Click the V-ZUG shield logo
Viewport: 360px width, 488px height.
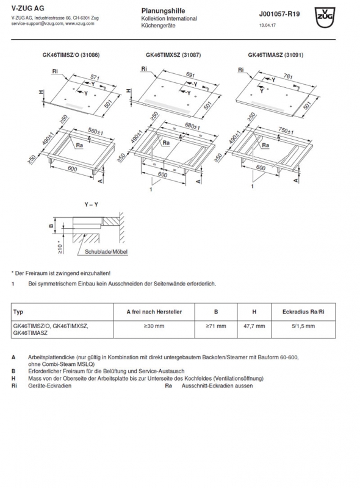pyautogui.click(x=325, y=18)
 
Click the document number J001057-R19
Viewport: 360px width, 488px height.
pyautogui.click(x=279, y=14)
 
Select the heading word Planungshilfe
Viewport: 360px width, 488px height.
pyautogui.click(x=163, y=11)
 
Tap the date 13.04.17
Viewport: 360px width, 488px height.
pyautogui.click(x=267, y=25)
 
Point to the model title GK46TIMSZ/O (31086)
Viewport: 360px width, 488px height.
pyautogui.click(x=71, y=55)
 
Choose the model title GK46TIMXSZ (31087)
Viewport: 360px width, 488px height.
pyautogui.click(x=173, y=55)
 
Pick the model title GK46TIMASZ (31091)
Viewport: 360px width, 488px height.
pyautogui.click(x=276, y=55)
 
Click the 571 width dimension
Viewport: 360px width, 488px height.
pyautogui.click(x=95, y=77)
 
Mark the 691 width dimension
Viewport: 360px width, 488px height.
pyautogui.click(x=190, y=74)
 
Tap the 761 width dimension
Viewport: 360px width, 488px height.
pyautogui.click(x=289, y=76)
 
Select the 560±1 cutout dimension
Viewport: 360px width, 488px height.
pyautogui.click(x=96, y=132)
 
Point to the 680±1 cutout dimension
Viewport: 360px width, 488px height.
pyautogui.click(x=192, y=127)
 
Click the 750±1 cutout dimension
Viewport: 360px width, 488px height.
pyautogui.click(x=286, y=131)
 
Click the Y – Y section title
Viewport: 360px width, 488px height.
pyautogui.click(x=92, y=205)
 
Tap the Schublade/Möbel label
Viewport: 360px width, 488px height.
pyautogui.click(x=106, y=252)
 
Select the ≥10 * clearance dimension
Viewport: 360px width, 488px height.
pyautogui.click(x=60, y=247)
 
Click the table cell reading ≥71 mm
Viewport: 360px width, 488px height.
pyautogui.click(x=216, y=326)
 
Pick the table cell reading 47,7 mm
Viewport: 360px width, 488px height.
pyautogui.click(x=254, y=326)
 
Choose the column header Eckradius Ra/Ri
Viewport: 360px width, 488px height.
pyautogui.click(x=303, y=312)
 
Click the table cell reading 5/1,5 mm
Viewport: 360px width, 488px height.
pyautogui.click(x=303, y=326)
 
